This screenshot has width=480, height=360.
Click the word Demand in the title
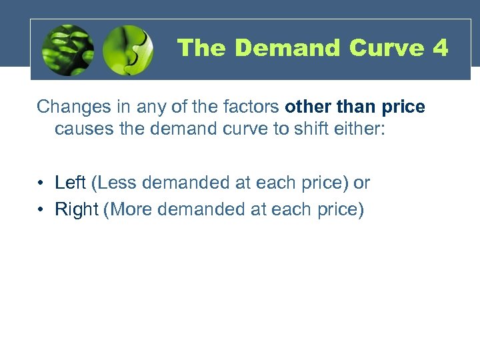pyautogui.click(x=288, y=48)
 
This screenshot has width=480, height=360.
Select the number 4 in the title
pyautogui.click(x=440, y=48)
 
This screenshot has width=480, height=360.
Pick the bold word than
pyautogui.click(x=353, y=107)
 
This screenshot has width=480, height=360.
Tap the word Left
pyautogui.click(x=70, y=183)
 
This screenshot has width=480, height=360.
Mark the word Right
pyautogui.click(x=77, y=209)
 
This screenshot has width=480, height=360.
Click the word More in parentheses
pyautogui.click(x=131, y=209)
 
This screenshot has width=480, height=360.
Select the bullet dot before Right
pyautogui.click(x=41, y=210)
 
